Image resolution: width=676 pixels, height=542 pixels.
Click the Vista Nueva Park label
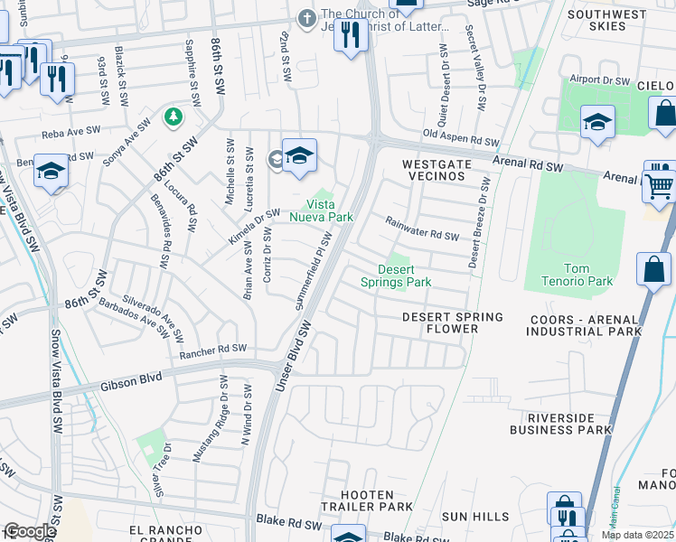321,210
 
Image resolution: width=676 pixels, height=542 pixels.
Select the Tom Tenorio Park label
588,275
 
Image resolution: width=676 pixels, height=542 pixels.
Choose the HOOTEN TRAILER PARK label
368,501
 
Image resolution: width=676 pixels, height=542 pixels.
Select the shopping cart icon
660,186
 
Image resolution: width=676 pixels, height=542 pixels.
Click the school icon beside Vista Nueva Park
298,156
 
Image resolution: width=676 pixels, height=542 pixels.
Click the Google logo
30,531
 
